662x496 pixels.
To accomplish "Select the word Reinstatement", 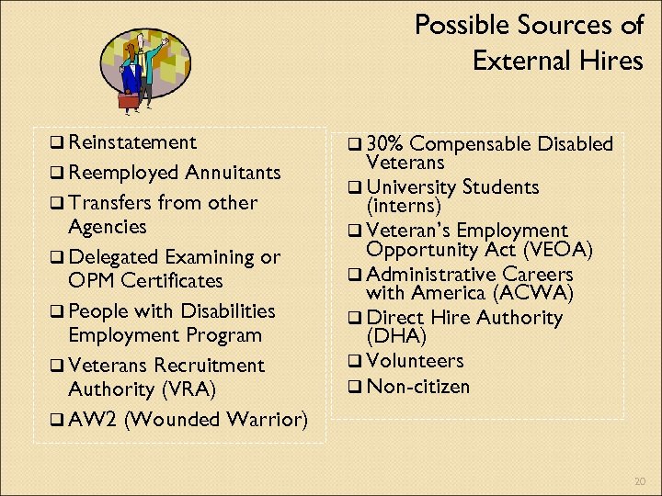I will tap(132, 142).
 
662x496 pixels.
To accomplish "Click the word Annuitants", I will tap(233, 173).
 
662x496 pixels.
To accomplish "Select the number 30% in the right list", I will tap(385, 144).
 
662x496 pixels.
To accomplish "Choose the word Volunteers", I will tap(415, 361).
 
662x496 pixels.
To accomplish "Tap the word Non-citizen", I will tap(417, 386).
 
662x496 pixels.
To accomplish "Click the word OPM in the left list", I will tap(93, 280).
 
